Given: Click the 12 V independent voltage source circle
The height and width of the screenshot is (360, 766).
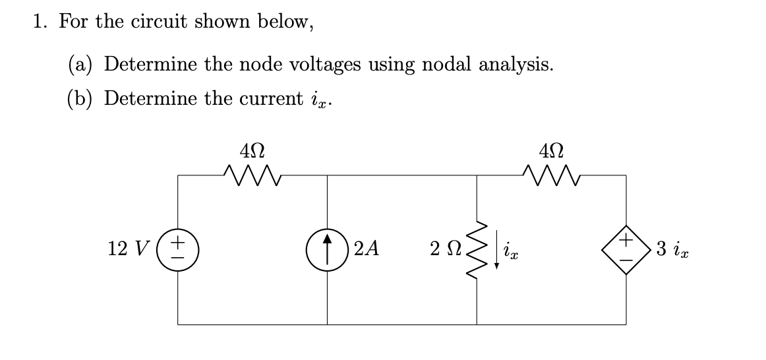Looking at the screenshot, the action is tap(178, 250).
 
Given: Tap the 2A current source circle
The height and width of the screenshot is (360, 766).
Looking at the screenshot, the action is tap(328, 250).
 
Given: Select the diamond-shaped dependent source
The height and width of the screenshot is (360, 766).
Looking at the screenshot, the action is tap(626, 250).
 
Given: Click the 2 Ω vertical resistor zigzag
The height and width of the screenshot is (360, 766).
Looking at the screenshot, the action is tap(477, 250).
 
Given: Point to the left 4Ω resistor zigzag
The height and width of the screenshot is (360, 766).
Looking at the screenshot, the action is tap(252, 174).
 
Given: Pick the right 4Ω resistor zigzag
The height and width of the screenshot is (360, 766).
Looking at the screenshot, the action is tap(551, 174).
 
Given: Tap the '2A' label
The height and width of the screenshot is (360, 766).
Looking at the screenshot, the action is tap(367, 250).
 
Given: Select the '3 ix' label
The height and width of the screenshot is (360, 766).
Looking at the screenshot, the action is tap(673, 250).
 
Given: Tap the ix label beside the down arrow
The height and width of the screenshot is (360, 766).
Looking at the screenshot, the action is tap(510, 252).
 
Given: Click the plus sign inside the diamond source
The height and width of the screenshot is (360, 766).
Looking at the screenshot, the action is tap(626, 240).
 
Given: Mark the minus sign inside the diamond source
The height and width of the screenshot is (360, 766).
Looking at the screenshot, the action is tap(626, 260).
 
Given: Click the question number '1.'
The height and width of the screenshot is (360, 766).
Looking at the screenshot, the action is tap(42, 22).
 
